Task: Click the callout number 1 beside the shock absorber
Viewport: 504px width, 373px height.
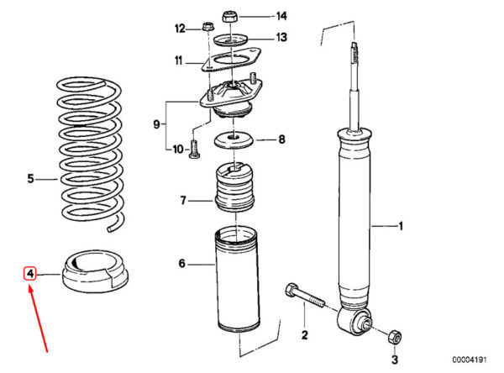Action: tap(401, 225)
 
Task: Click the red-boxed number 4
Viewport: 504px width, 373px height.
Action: tap(29, 273)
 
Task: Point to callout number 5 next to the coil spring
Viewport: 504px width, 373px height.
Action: tap(30, 178)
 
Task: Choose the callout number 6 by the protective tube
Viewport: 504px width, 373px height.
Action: tap(181, 265)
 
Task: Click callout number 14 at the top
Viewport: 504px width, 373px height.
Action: tap(281, 16)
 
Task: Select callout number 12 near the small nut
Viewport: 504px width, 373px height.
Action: tap(179, 29)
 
